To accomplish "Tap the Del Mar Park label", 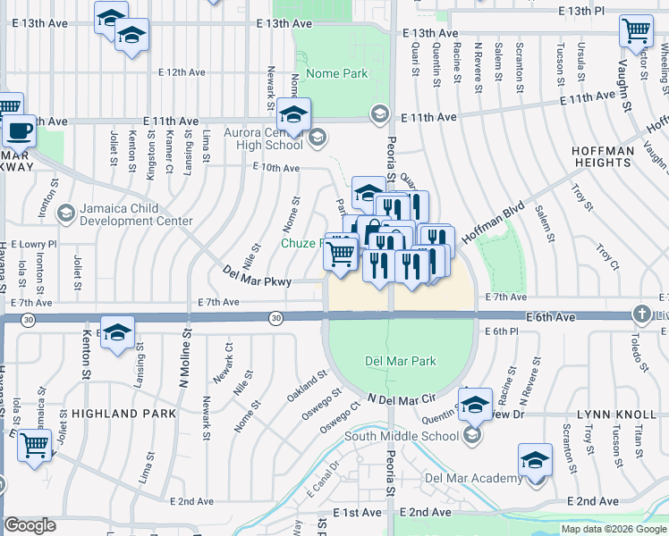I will click(401, 362).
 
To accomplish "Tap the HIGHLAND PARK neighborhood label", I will click(117, 414).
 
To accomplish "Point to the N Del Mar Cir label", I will click(401, 398).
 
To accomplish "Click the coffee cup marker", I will click(19, 131).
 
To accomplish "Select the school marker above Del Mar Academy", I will click(535, 459).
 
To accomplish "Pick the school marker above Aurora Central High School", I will click(292, 114).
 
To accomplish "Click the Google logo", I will click(30, 525).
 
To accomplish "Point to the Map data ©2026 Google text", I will click(614, 529).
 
